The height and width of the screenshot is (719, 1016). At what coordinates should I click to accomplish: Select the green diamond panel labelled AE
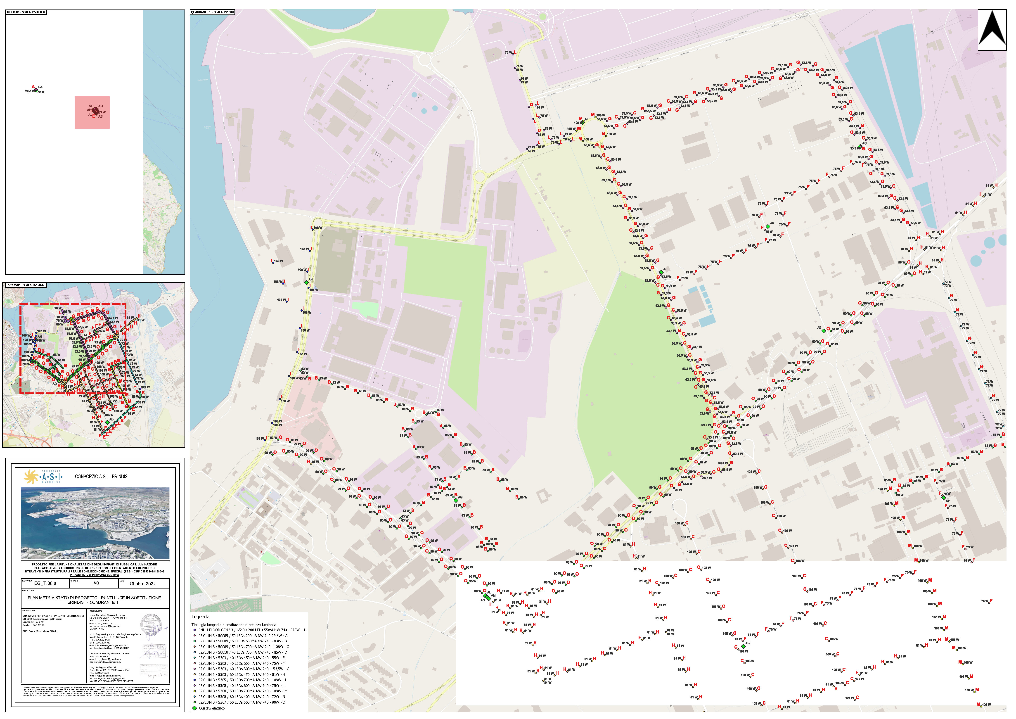coord(823,331)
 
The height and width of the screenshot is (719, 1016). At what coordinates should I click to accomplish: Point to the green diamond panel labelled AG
coord(456,500)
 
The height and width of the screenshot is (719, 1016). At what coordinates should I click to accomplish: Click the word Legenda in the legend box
coord(201,617)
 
